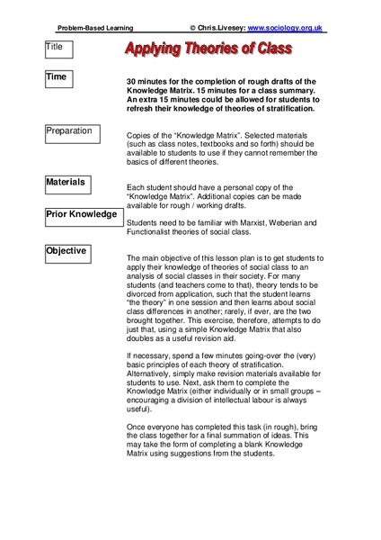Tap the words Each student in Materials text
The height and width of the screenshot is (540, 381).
152,186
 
